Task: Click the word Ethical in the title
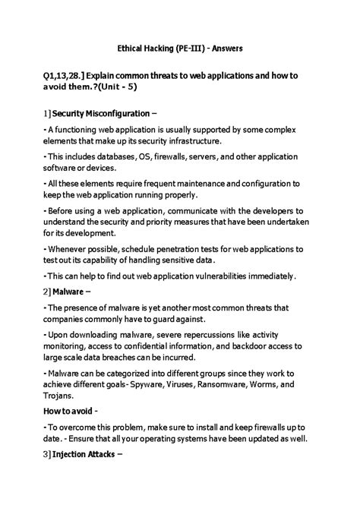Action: [x=131, y=47]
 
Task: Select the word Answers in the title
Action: [x=228, y=47]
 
